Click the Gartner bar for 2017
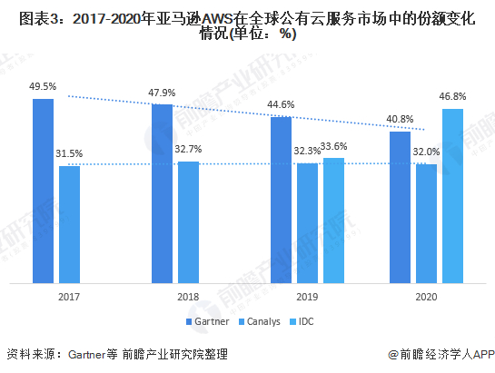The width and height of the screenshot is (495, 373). pos(43,191)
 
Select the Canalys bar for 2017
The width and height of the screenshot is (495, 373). pos(69,224)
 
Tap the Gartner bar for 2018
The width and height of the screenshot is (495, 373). pos(162,193)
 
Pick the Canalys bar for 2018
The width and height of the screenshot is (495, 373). pos(188,222)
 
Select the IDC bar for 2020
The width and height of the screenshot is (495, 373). pos(452,196)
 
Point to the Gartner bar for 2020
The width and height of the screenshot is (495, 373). pos(400,207)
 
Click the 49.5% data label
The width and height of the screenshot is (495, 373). pos(43,87)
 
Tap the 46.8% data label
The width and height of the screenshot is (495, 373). pos(453,95)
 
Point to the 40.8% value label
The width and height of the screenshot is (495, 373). pos(400,119)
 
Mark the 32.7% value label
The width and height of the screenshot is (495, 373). pos(189,148)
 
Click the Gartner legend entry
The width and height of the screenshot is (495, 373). pos(207,322)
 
